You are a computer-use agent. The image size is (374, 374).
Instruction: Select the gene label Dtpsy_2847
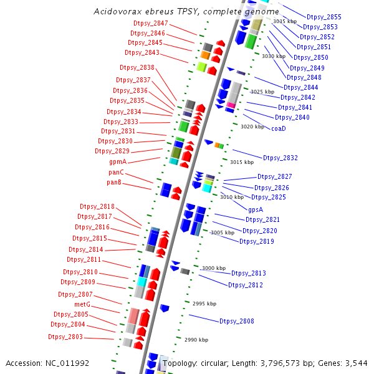click(150, 23)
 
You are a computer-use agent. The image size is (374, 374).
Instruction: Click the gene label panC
click(116, 172)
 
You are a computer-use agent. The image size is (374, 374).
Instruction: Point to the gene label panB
click(113, 183)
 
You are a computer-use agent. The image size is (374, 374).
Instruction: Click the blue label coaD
click(279, 128)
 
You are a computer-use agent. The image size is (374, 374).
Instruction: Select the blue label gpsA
click(256, 209)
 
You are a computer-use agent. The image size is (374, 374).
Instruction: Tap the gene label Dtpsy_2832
click(280, 158)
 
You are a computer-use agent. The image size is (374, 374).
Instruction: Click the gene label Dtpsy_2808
click(236, 321)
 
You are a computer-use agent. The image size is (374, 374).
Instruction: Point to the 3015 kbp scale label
click(241, 162)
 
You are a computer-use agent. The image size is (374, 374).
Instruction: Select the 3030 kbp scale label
click(273, 56)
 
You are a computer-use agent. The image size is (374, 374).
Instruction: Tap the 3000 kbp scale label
click(213, 268)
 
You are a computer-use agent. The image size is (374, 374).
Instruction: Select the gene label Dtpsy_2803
click(65, 337)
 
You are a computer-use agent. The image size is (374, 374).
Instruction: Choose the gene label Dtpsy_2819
click(257, 241)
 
